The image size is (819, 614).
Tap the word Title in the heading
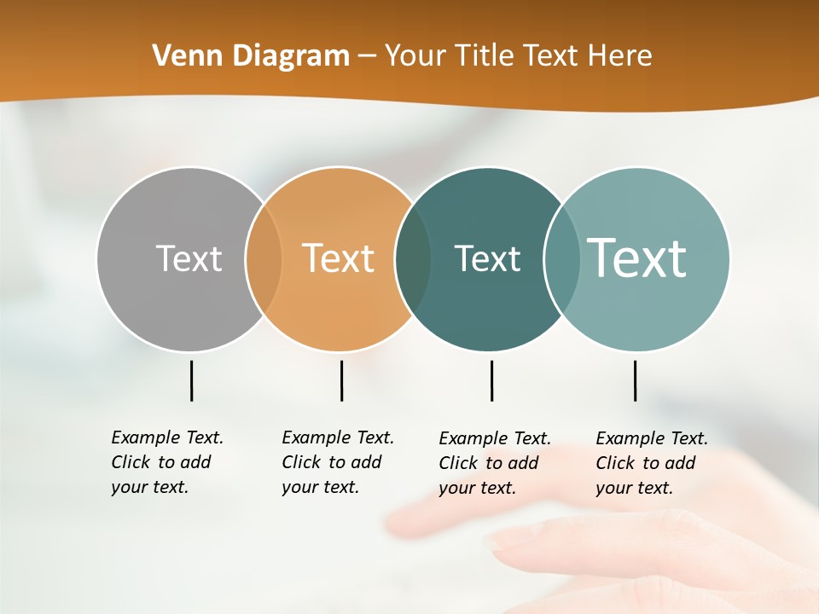tap(484, 56)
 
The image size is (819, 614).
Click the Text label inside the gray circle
tap(189, 258)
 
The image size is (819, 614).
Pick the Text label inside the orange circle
tap(339, 258)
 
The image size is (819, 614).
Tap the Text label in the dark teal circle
tap(487, 258)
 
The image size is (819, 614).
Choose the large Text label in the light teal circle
tap(637, 258)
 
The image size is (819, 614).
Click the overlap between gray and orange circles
tap(264, 258)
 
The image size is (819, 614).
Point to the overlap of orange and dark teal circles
tap(413, 258)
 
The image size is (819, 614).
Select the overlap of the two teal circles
tap(561, 258)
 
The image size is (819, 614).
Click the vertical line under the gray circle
tap(191, 380)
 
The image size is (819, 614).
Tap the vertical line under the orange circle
tap(341, 380)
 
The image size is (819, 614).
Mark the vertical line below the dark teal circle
tap(491, 380)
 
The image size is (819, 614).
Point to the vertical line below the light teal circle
tap(635, 380)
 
